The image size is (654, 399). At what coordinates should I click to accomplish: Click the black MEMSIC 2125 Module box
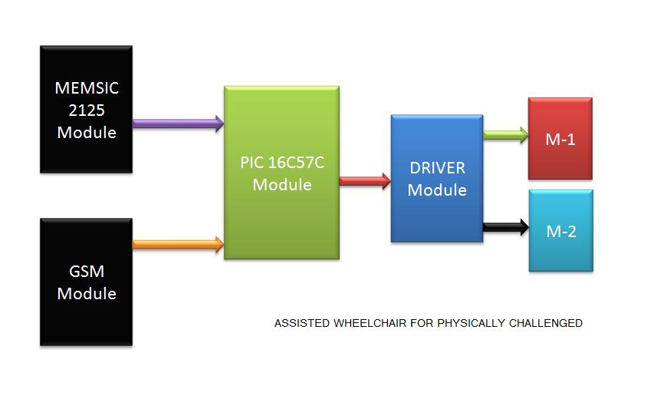[86, 109]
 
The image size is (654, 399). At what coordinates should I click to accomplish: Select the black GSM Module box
[86, 282]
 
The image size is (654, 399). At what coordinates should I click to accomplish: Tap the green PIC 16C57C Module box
[281, 173]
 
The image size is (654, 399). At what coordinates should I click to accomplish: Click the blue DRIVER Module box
[436, 178]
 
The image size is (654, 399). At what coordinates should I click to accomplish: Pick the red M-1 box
[560, 138]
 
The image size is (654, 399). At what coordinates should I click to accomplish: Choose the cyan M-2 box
[560, 230]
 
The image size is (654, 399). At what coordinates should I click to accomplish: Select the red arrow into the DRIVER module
[365, 181]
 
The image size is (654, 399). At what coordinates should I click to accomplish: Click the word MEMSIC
[87, 88]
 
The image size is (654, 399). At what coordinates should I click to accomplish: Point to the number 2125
[87, 110]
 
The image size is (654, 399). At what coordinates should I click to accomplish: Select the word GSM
[87, 272]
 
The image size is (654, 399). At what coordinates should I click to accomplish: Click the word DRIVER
[437, 168]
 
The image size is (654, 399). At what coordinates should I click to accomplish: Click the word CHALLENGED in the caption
[545, 323]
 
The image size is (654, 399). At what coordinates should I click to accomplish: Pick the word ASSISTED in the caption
[302, 323]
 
